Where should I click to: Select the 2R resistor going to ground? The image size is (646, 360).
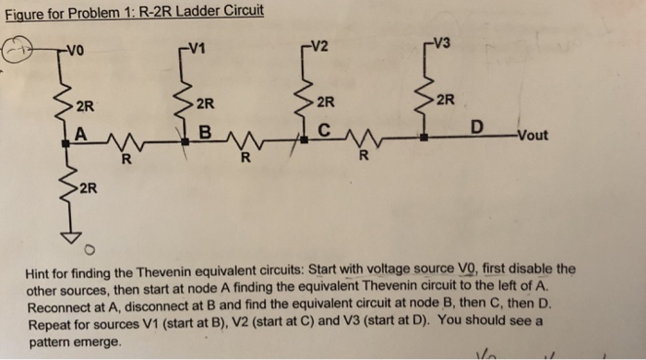coord(66,189)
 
